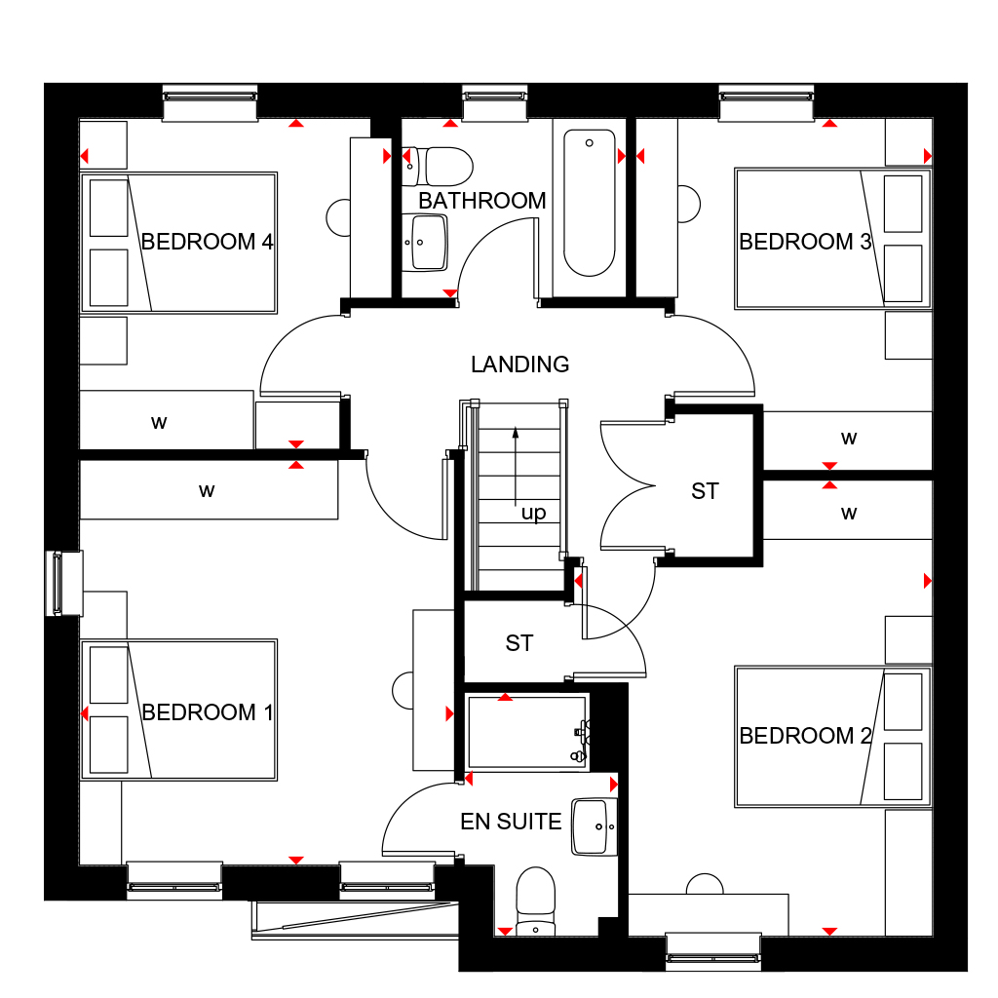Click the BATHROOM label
pos(481,201)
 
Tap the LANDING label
pos(520,365)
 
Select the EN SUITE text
pos(511,822)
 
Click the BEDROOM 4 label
pos(207,242)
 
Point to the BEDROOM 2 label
pos(805,736)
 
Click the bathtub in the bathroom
pos(590,203)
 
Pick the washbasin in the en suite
pos(595,826)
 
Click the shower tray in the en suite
pos(527,732)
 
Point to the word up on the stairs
pos(533,513)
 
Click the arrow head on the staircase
pos(516,433)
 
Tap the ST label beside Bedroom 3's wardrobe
pos(705,491)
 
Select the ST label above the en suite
pos(518,643)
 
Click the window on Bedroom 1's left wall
pos(63,584)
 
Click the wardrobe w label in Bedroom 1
pos(207,491)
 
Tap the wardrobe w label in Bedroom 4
pos(159,422)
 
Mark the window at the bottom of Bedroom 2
pos(713,951)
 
